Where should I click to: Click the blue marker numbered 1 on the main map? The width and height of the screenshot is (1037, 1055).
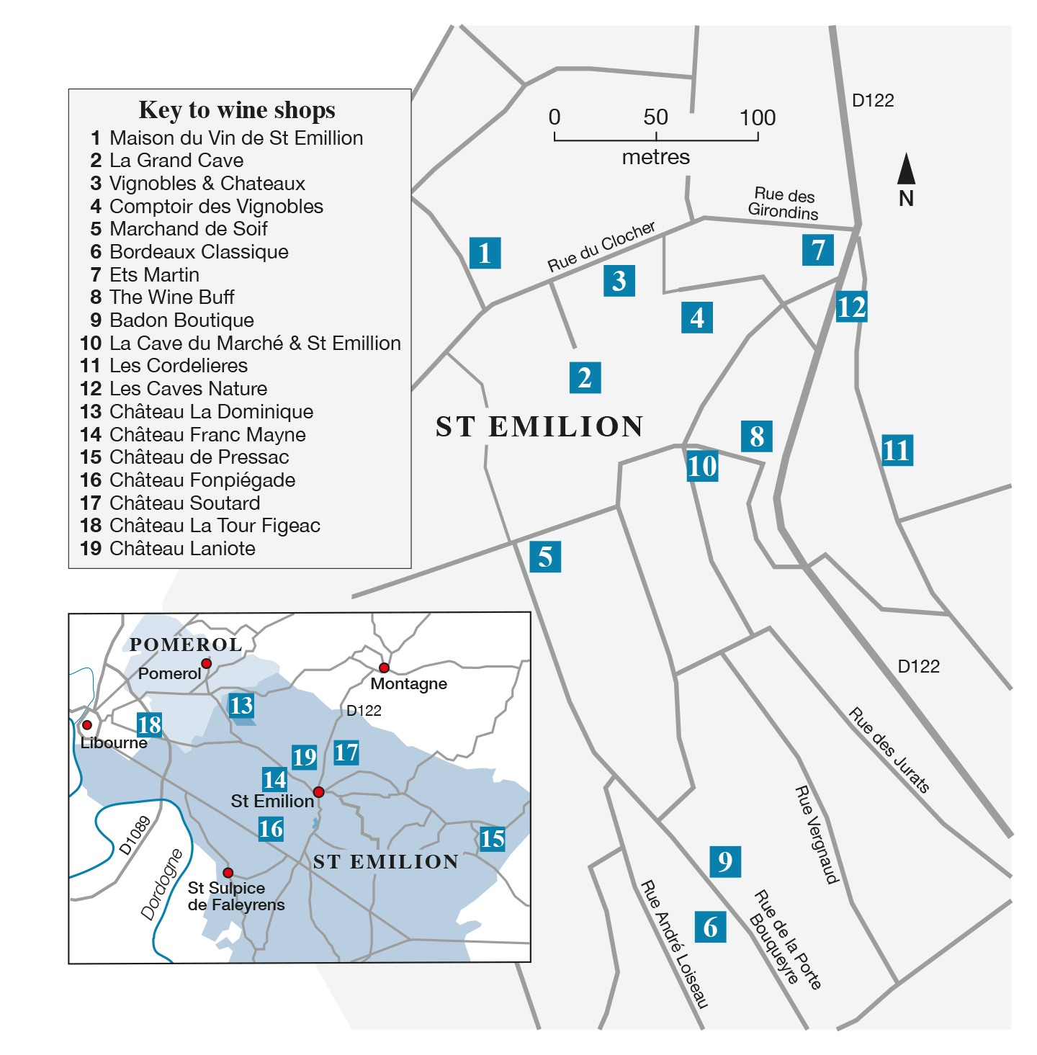(485, 253)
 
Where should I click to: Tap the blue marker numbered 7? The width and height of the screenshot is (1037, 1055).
(818, 250)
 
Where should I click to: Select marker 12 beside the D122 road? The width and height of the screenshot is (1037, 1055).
(851, 307)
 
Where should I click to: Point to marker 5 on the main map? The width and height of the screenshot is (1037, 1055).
(545, 557)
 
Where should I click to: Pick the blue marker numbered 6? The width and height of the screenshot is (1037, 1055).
(710, 927)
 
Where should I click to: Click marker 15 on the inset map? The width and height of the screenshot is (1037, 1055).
(493, 838)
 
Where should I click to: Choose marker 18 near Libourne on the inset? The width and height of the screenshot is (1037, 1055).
(149, 724)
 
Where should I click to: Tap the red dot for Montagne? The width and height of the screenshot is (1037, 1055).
(384, 668)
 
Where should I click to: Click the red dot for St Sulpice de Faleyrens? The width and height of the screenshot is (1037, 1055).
(228, 873)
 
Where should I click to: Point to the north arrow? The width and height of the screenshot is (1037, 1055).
(906, 171)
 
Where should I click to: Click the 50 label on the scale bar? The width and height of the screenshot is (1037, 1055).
(655, 117)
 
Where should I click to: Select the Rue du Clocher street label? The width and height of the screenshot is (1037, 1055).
(601, 246)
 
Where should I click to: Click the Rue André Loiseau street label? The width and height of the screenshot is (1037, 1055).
(675, 944)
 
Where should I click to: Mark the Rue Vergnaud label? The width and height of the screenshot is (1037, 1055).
(817, 835)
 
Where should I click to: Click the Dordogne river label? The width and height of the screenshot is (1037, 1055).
(162, 884)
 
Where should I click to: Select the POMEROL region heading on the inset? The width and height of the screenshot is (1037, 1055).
(185, 645)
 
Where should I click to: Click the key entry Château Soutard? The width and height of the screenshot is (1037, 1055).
(184, 503)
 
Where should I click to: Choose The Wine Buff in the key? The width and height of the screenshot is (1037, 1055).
(171, 297)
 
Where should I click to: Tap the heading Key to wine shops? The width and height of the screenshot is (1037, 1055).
(237, 109)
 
